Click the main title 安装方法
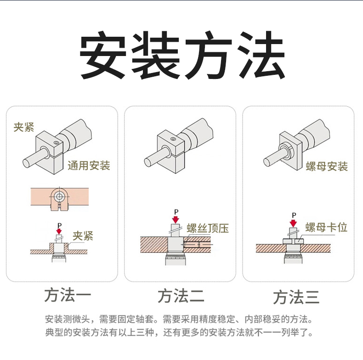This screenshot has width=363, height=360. (182, 55)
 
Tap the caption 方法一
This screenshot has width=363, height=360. (68, 295)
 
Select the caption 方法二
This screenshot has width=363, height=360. (181, 296)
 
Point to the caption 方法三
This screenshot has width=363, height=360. (296, 297)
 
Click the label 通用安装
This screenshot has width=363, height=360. (89, 166)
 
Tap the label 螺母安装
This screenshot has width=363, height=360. (327, 166)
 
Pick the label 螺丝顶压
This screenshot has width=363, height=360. (208, 228)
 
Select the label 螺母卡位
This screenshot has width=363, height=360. (326, 227)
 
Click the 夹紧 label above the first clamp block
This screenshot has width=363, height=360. (24, 127)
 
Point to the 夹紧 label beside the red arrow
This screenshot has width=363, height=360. (83, 236)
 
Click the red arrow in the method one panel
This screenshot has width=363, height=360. (59, 231)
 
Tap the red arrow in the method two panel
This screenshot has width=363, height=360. (176, 219)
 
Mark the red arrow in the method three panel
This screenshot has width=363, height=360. (293, 223)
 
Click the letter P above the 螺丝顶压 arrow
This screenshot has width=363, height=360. (176, 212)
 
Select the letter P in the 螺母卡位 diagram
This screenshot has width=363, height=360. (294, 215)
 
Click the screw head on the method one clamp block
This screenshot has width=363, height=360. (56, 142)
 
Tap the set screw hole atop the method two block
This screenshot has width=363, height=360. (173, 139)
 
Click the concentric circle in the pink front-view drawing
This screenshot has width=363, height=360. (59, 197)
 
